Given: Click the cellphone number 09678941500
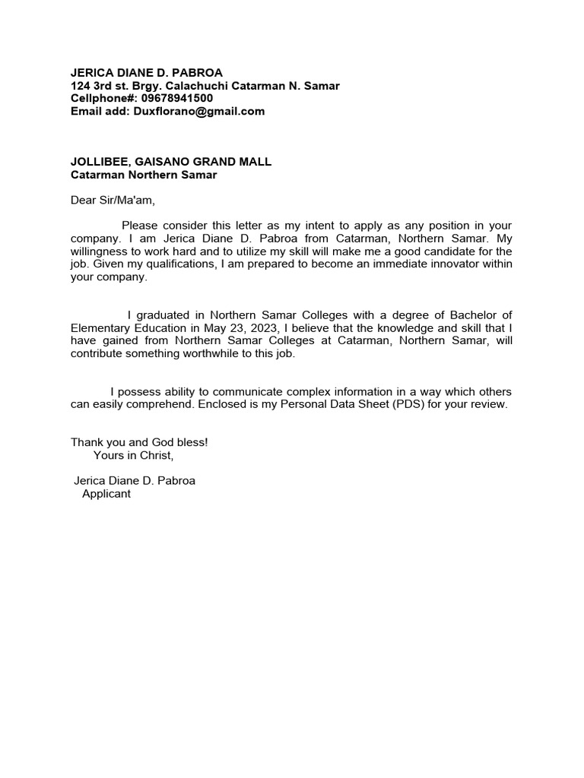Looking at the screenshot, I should (176, 98).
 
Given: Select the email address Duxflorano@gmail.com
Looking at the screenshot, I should (199, 111).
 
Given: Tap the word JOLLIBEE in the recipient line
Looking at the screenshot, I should (99, 162).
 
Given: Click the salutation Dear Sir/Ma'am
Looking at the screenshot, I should (113, 201).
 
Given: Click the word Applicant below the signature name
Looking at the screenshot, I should (106, 494).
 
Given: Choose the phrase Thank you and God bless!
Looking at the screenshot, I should (139, 442).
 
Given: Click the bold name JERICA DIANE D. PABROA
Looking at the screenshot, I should (147, 73).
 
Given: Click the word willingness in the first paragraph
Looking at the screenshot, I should (103, 251).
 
